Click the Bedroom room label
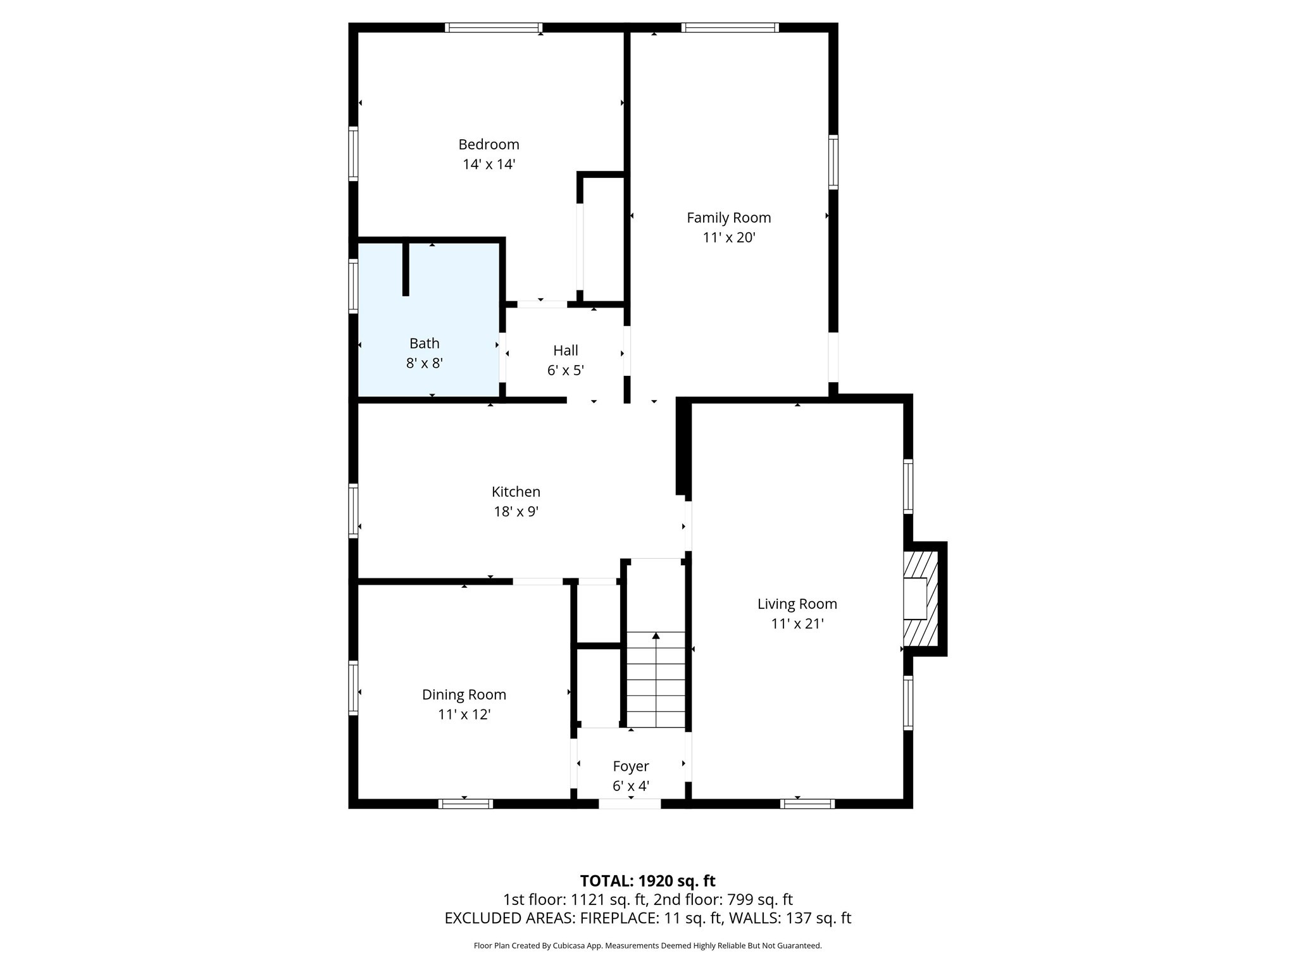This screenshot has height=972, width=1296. (x=489, y=144)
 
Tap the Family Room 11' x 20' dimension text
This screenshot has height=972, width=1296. (x=729, y=237)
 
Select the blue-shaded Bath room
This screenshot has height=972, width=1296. (x=443, y=316)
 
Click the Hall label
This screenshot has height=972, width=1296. (x=565, y=350)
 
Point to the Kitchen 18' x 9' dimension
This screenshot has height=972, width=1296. (x=516, y=511)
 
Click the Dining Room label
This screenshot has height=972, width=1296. (x=464, y=694)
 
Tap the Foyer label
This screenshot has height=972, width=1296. (x=630, y=766)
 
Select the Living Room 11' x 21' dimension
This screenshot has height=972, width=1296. (x=797, y=623)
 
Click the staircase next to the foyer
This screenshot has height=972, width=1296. (x=656, y=680)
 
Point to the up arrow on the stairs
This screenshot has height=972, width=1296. (x=656, y=635)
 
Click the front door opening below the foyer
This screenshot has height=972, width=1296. (x=630, y=804)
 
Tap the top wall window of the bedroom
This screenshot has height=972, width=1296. (x=493, y=27)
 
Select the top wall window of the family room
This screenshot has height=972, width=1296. (x=730, y=27)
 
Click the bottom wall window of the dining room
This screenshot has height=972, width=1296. (x=466, y=804)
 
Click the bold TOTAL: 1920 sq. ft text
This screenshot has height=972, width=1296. (x=647, y=881)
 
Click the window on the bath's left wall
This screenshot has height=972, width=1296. (x=353, y=285)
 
